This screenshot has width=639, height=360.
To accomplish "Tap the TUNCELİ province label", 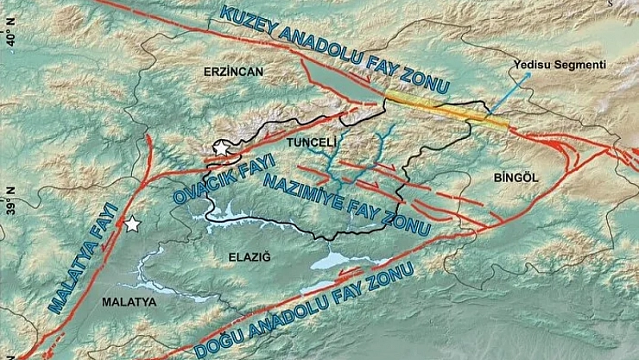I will pyautogui.click(x=309, y=141).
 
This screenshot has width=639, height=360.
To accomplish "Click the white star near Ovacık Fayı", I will pyautogui.click(x=223, y=148).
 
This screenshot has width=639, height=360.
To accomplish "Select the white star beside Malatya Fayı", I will pyautogui.click(x=132, y=224).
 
